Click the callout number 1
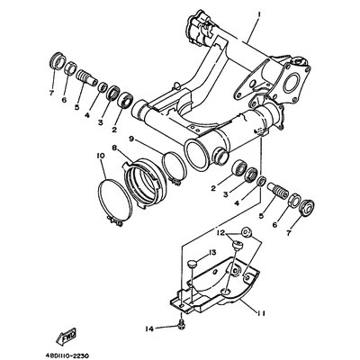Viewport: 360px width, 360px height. pyautogui.click(x=259, y=14)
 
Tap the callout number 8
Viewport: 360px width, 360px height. pyautogui.click(x=114, y=148)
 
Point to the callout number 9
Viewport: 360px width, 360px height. pyautogui.click(x=131, y=139)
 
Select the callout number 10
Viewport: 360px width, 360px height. pyautogui.click(x=101, y=156)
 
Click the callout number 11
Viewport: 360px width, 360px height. pyautogui.click(x=259, y=313)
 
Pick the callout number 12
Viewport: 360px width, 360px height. pyautogui.click(x=221, y=232)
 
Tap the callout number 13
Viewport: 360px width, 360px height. pyautogui.click(x=212, y=253)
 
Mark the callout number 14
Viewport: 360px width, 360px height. pyautogui.click(x=149, y=329)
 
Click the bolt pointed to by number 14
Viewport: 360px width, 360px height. pyautogui.click(x=181, y=328)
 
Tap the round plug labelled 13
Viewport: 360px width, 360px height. pyautogui.click(x=191, y=265)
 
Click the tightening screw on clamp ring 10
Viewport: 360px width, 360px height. pyautogui.click(x=115, y=222)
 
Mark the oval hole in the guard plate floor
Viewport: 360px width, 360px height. pyautogui.click(x=226, y=291)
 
